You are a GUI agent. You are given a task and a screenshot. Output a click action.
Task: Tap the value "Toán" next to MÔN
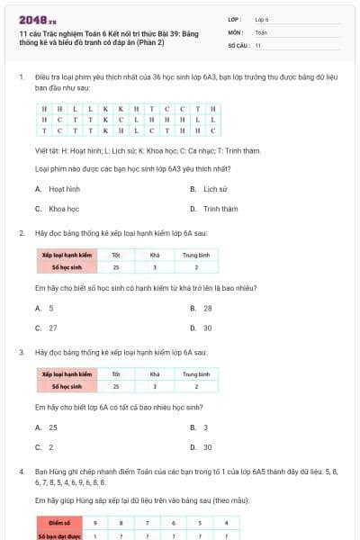pyautogui.click(x=261, y=31)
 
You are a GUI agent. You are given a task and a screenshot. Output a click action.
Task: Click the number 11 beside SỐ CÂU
pyautogui.click(x=258, y=45)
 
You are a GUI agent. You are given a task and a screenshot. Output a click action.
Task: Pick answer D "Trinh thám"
pyautogui.click(x=220, y=209)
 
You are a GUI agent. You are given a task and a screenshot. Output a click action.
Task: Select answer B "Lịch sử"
pyautogui.click(x=215, y=189)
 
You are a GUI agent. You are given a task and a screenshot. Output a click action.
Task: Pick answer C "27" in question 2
pyautogui.click(x=52, y=328)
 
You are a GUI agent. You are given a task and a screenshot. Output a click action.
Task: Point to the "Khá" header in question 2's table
pyautogui.click(x=155, y=256)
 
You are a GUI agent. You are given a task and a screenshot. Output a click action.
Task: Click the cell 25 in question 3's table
pyautogui.click(x=115, y=386)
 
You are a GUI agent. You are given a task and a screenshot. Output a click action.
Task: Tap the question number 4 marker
pyautogui.click(x=21, y=471)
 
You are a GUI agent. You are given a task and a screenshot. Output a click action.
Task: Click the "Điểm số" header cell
pyautogui.click(x=60, y=522)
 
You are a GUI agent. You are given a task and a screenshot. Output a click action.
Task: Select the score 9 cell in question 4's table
pyautogui.click(x=95, y=522)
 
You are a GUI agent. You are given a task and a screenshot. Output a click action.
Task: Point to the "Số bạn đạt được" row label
pyautogui.click(x=60, y=535)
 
